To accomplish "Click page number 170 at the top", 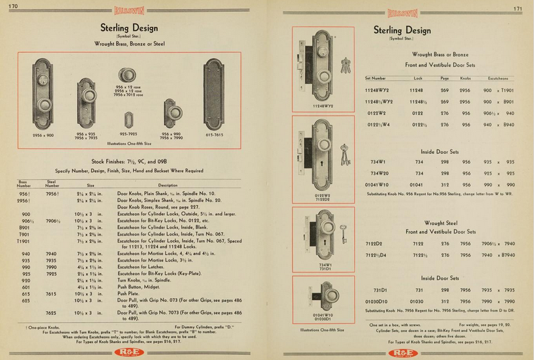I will click(13, 7).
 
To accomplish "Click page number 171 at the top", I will click(518, 9).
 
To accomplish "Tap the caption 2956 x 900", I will click(43, 135).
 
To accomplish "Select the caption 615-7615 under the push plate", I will click(214, 135).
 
